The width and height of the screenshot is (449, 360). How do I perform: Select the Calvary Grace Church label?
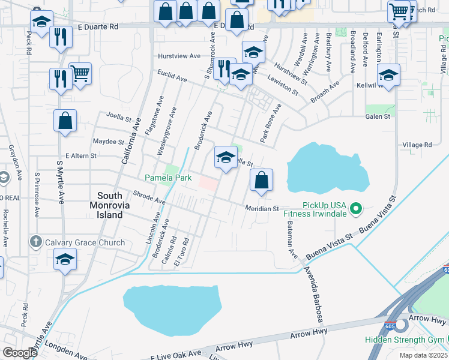(x=85, y=242)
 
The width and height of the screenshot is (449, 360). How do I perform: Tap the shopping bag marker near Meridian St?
(x=261, y=180)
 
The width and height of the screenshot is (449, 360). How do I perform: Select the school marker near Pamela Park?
(x=226, y=158)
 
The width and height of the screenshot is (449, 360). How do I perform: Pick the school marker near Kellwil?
(x=388, y=76)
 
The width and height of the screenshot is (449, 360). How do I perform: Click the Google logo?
(x=20, y=353)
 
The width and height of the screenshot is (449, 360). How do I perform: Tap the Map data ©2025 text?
(x=423, y=355)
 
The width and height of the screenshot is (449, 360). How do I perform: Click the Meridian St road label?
(x=262, y=209)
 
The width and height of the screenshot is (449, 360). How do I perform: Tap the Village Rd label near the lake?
(x=417, y=145)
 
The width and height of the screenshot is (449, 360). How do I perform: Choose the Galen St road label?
(x=378, y=116)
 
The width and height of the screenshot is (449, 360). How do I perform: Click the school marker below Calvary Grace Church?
(x=65, y=260)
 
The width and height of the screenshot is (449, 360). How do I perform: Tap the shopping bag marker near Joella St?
(x=65, y=121)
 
